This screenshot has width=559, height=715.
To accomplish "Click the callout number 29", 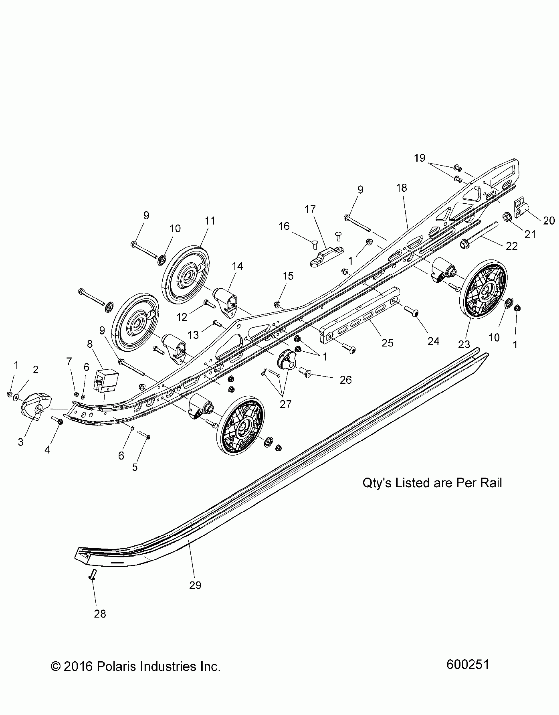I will [x=195, y=585].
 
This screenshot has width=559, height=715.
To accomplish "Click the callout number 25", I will [x=388, y=343].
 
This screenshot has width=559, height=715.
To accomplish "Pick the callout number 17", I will [x=310, y=209].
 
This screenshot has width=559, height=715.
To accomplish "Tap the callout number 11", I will [x=210, y=221].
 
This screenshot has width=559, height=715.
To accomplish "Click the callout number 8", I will [x=90, y=344].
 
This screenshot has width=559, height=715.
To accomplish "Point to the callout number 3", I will [x=20, y=442].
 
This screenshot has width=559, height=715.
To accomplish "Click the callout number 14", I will [x=237, y=266].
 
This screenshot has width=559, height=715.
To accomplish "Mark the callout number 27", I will [x=285, y=404].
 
